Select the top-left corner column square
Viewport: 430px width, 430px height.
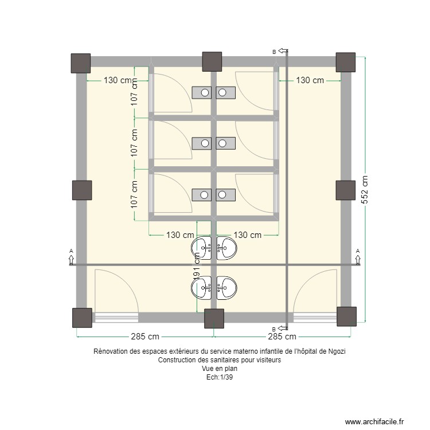(x=80, y=63)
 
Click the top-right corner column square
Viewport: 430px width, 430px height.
(x=346, y=62)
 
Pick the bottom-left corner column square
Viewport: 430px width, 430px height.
(x=82, y=318)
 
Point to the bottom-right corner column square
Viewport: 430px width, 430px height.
(x=347, y=316)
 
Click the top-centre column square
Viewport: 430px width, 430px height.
(x=212, y=61)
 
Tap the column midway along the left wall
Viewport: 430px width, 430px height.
(x=82, y=190)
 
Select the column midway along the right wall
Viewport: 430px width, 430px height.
(x=345, y=190)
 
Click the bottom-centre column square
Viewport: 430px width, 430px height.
(x=214, y=319)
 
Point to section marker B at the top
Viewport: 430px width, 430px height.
(x=275, y=52)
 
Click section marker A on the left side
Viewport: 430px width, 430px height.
(x=71, y=252)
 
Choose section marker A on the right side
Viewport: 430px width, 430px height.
(x=358, y=252)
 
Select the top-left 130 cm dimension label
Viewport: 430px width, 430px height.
(x=120, y=80)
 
